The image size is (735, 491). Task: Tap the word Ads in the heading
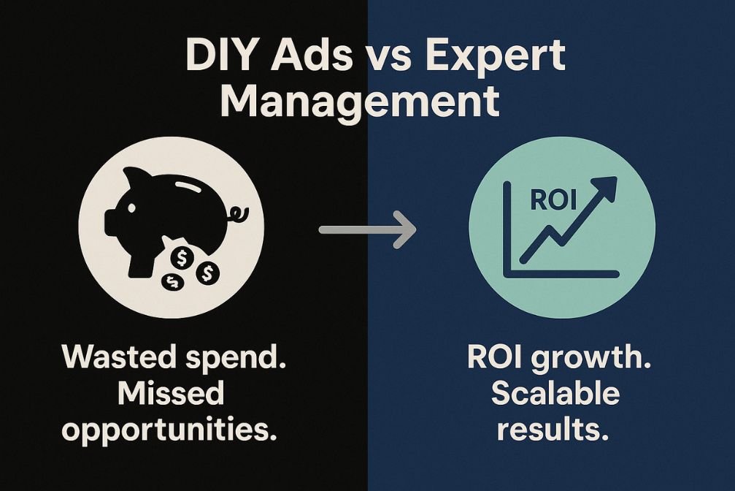(x=311, y=56)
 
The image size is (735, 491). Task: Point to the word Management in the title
(x=360, y=102)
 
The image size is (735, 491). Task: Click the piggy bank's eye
(x=131, y=208)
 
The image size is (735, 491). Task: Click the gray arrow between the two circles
(x=368, y=229)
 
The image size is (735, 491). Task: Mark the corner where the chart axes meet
(x=507, y=273)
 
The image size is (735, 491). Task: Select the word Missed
(x=171, y=393)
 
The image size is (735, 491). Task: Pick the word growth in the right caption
(x=591, y=359)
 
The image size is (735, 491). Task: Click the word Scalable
(x=555, y=393)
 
